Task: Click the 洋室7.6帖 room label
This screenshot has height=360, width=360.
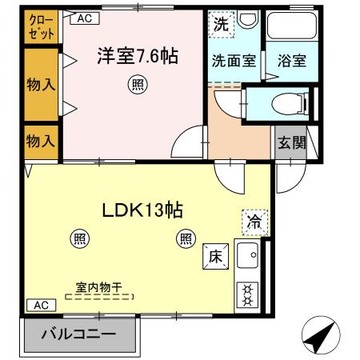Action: (x=137, y=57)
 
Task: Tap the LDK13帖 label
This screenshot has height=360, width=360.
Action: (x=142, y=210)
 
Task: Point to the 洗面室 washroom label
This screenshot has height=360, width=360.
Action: (x=233, y=60)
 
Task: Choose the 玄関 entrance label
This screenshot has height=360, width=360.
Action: (x=291, y=143)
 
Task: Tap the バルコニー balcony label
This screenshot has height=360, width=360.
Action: (x=78, y=334)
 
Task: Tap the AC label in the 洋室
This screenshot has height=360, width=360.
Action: (x=87, y=17)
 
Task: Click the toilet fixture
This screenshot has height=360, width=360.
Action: (x=282, y=104)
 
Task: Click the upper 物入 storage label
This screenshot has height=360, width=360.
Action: (x=41, y=83)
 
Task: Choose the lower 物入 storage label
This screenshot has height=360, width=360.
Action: (x=41, y=142)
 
